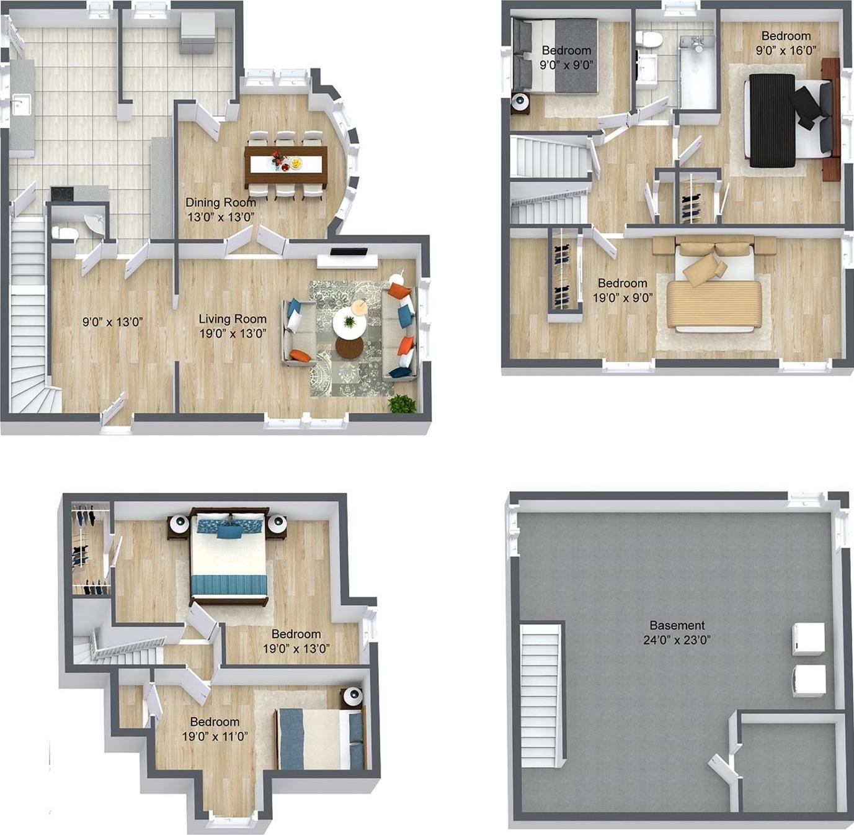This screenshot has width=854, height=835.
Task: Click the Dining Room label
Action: coord(221,202)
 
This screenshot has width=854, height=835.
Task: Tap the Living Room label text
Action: coord(233,319)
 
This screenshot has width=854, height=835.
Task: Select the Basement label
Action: coord(677,626)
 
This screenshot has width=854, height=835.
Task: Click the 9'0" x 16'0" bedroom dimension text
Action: coord(786,50)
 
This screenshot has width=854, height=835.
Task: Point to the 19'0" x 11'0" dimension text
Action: coord(215,736)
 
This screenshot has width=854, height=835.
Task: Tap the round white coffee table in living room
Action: coord(349,323)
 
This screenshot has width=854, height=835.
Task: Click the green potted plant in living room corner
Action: coord(403,404)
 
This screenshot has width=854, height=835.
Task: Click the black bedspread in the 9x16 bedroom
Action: coord(772,120)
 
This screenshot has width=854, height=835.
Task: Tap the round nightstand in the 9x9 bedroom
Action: coord(520,102)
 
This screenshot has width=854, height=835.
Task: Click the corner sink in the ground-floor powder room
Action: coord(94,223)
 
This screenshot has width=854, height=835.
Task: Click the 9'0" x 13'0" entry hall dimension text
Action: coord(113,322)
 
